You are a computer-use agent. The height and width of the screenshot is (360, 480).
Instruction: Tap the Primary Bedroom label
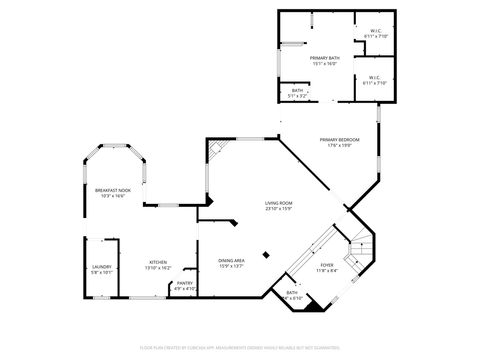click(x=339, y=139)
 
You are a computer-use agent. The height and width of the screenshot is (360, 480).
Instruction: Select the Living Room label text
click(x=278, y=202)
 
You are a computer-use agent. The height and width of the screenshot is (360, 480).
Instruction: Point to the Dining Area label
click(x=232, y=261)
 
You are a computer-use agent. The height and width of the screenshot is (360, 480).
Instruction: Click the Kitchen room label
click(x=159, y=262)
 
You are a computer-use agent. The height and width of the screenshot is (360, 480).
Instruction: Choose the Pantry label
click(x=185, y=283)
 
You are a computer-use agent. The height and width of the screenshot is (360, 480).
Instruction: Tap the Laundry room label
click(x=101, y=266)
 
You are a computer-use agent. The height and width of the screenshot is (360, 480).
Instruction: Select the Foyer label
click(x=327, y=266)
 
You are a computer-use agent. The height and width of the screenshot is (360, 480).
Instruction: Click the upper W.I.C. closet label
click(x=375, y=30)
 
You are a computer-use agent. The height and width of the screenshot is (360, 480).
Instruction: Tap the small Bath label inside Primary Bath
click(x=298, y=90)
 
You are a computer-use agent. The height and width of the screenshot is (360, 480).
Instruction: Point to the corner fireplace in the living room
click(x=215, y=150)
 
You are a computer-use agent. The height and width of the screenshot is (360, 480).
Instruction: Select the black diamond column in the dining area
click(x=265, y=254)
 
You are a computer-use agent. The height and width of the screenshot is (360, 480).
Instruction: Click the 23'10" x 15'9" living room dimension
click(x=278, y=208)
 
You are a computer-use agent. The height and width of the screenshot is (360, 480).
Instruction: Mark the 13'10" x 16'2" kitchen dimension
click(x=159, y=268)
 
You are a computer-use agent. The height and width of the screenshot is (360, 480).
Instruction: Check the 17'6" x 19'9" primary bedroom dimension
click(x=339, y=145)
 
